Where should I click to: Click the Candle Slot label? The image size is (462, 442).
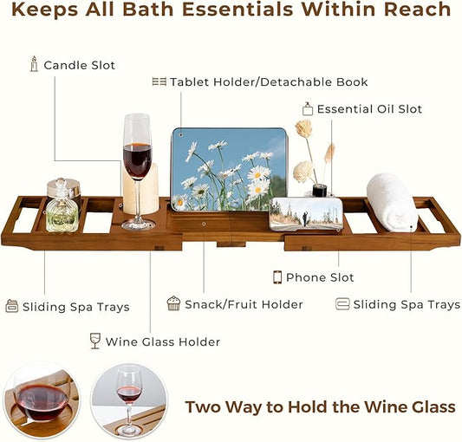tap(79, 65)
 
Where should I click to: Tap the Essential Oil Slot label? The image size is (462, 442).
tap(369, 109)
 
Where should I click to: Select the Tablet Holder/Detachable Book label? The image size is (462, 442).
tap(269, 82)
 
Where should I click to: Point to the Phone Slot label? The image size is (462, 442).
tap(320, 277)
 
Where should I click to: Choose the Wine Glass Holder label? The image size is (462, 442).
tap(163, 341)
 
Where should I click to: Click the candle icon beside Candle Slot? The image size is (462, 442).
tap(34, 64)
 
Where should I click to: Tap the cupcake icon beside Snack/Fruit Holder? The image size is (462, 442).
tap(173, 303)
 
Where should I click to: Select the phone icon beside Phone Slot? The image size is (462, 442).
tap(277, 277)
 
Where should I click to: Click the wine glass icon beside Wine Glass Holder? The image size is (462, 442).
tap(95, 341)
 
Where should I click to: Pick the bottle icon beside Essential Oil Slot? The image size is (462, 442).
tap(307, 109)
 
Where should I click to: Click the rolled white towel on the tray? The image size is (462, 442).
tap(392, 201)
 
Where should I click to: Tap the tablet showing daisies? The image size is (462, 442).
tap(229, 169)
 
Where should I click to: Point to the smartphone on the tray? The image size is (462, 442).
tap(306, 213)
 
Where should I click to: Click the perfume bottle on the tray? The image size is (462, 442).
tap(62, 208)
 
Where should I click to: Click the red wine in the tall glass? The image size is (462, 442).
tap(137, 160)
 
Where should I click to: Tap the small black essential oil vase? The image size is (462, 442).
tap(319, 190)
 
